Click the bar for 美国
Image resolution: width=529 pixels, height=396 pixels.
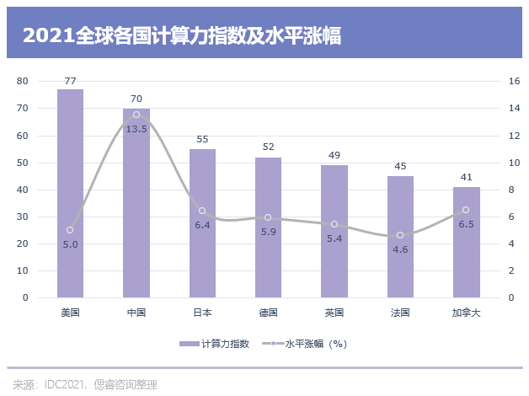pos(70,194)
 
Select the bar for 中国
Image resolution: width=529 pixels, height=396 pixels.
pos(136,203)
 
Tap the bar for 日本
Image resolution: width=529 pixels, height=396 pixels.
pos(202,223)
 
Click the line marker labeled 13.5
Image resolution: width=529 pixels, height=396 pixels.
pos(136,115)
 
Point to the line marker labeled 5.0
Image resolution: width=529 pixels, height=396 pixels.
pos(70,230)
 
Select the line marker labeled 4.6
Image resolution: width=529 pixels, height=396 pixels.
pos(400,235)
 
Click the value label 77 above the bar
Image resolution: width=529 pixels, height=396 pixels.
pos(70,81)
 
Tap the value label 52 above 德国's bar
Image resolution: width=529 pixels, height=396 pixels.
pos(268,147)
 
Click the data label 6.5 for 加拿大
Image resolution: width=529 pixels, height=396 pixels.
pos(466,223)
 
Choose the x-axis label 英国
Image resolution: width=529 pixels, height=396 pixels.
pos(334,312)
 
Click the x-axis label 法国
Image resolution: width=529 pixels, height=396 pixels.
pos(400,312)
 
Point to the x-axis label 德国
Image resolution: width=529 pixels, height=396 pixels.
pos(268,312)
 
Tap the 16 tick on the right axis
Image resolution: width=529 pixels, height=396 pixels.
pos(514,81)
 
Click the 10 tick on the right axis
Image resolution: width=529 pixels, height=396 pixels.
pos(514,163)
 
